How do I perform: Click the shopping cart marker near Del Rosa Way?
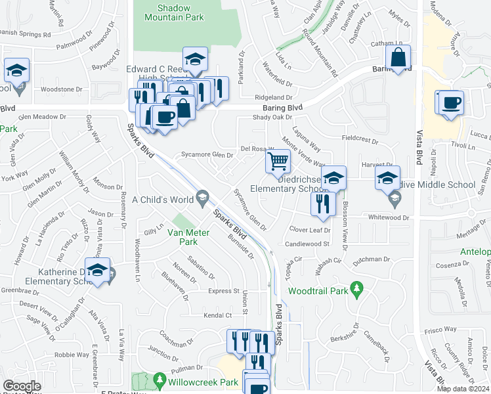pyautogui.click(x=278, y=160)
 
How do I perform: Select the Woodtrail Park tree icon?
pyautogui.click(x=356, y=288)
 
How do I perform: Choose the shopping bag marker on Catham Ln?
pyautogui.click(x=398, y=58)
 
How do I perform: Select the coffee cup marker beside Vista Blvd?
pyautogui.click(x=452, y=103)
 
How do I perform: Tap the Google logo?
pyautogui.click(x=22, y=386)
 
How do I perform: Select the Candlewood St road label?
pyautogui.click(x=307, y=244)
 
